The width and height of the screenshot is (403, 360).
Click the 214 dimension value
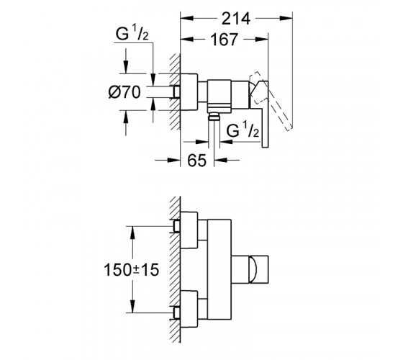(x=236, y=19)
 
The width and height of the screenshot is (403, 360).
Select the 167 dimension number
(x=224, y=40)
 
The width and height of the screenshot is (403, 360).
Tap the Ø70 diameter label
(x=124, y=92)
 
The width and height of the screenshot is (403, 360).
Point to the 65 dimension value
(x=197, y=161)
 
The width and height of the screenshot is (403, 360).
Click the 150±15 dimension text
(x=131, y=270)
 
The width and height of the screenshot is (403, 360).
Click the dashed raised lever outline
(x=271, y=101)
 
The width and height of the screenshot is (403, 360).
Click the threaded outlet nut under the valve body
(x=214, y=117)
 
